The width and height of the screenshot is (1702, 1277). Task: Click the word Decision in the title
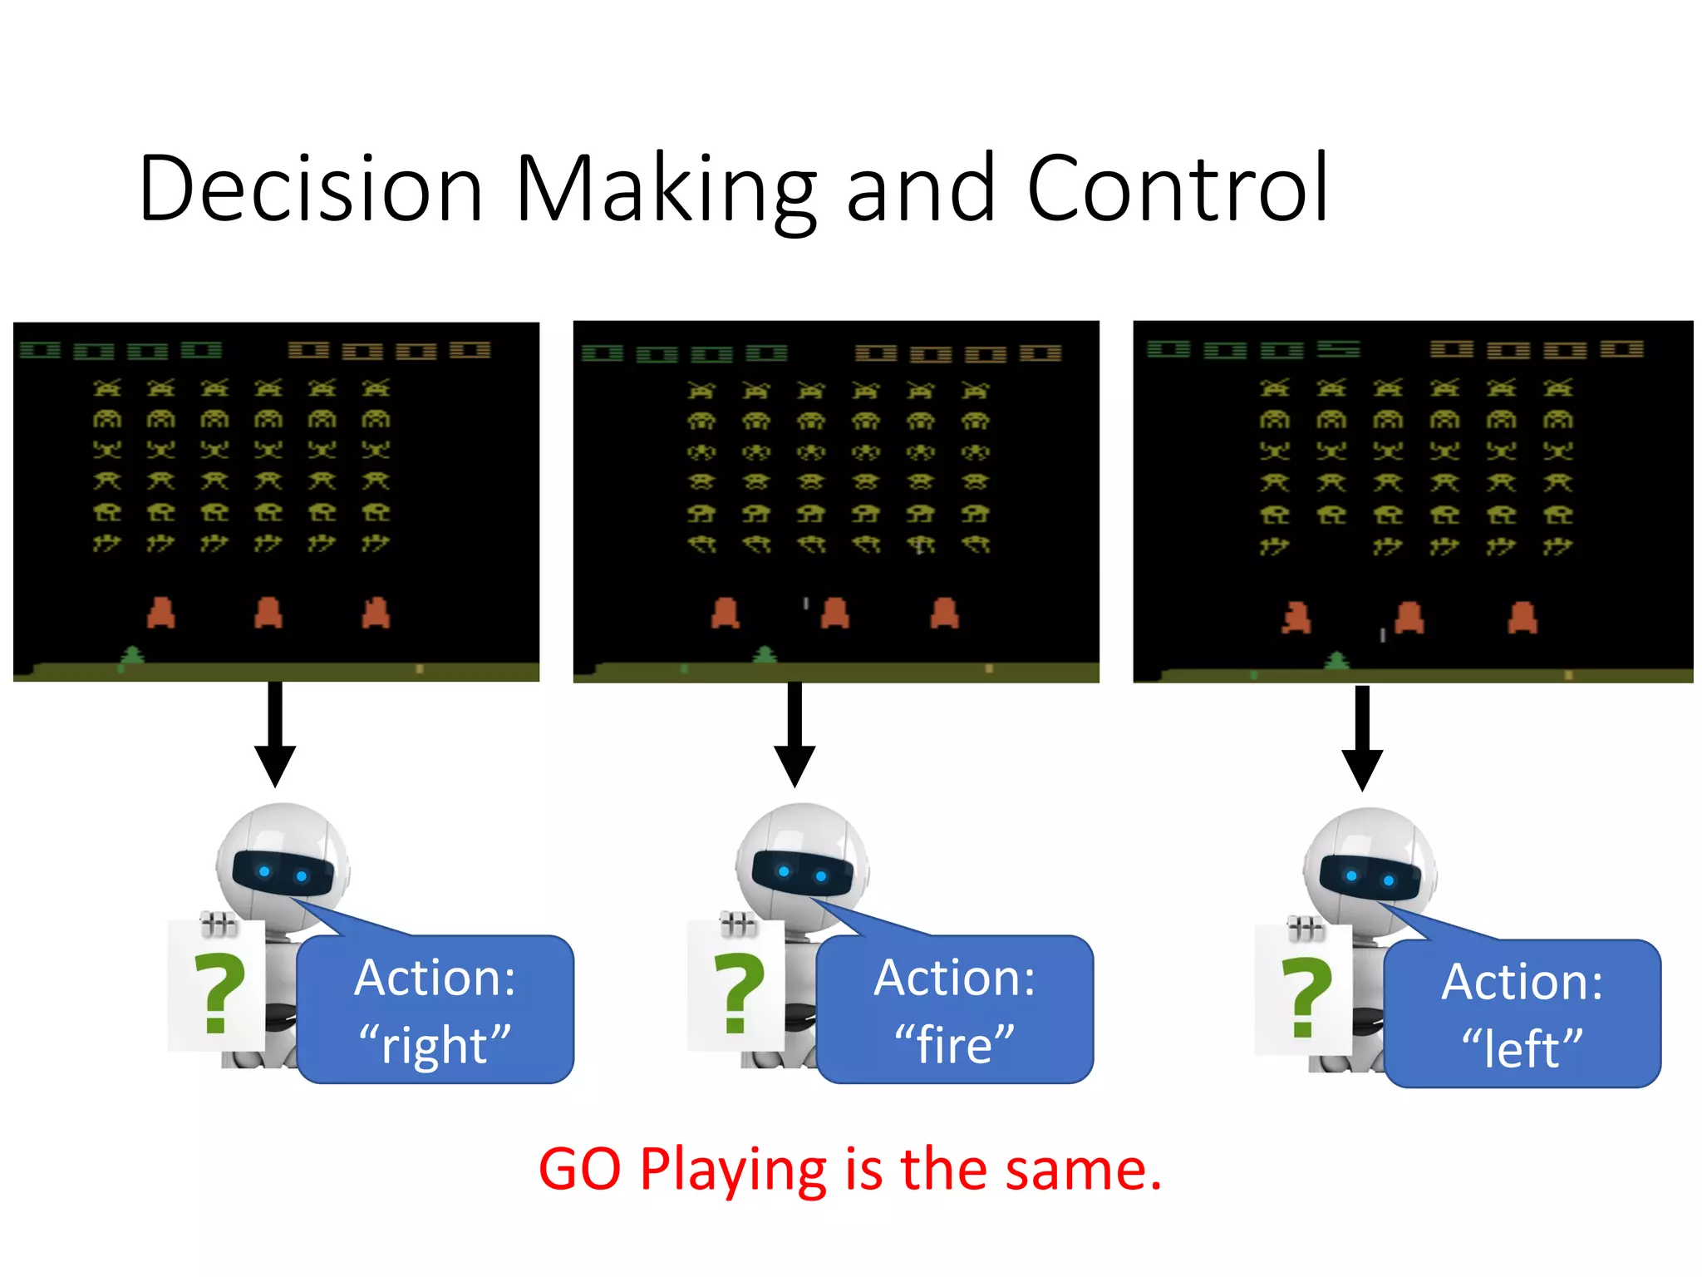tap(311, 190)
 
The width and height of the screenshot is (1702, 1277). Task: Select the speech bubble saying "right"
tap(435, 1009)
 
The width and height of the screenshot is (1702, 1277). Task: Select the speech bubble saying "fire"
tap(955, 1009)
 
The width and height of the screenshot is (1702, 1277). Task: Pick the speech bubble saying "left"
tap(1522, 1013)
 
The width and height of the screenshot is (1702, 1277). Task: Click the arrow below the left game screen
tap(275, 735)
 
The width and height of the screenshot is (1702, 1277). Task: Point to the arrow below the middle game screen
tap(794, 735)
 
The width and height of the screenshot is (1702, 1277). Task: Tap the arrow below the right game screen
tap(1362, 737)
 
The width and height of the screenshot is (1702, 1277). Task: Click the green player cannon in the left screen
tap(132, 655)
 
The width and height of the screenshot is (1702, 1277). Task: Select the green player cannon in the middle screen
tap(765, 655)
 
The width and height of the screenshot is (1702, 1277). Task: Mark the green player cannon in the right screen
tap(1336, 660)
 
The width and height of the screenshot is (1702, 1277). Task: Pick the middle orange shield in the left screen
tap(268, 613)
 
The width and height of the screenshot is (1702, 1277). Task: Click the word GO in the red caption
tap(579, 1170)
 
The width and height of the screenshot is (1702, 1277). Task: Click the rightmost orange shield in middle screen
tap(944, 614)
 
